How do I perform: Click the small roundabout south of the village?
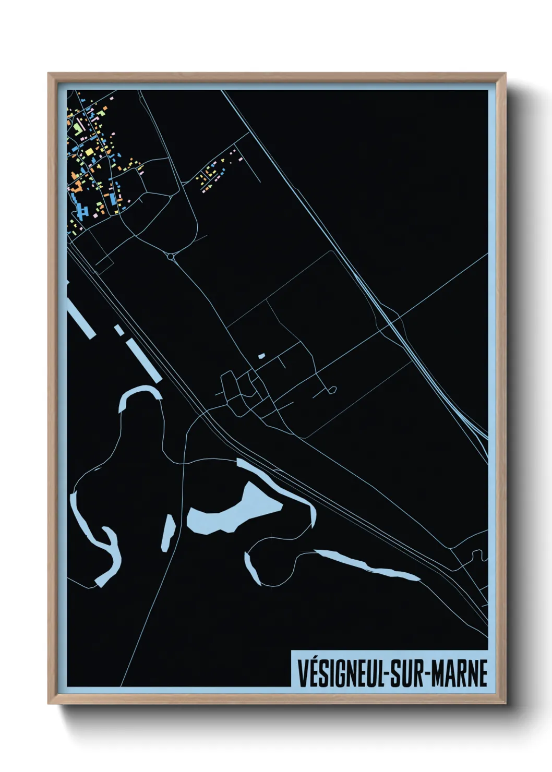[171, 257]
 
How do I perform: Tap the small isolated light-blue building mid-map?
[262, 356]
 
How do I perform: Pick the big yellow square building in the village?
[89, 152]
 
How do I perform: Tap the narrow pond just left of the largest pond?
[169, 532]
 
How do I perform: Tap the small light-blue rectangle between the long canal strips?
[119, 330]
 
